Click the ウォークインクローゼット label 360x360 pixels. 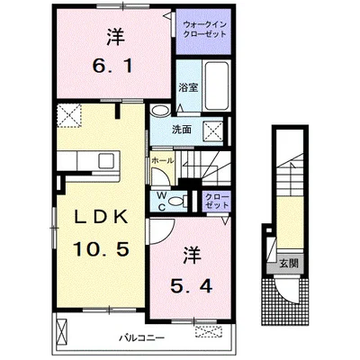point(205,29)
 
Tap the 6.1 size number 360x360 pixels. point(112,67)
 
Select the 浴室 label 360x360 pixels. point(188,87)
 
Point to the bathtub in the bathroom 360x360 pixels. point(216,85)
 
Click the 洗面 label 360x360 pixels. point(182,130)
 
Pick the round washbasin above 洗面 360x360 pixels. point(159,111)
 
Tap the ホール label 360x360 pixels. point(162,160)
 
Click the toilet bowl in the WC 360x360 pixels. point(177,202)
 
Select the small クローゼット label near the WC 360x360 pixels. point(217,202)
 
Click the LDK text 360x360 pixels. point(101,218)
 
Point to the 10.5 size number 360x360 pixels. point(101,249)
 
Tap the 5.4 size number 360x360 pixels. point(191,286)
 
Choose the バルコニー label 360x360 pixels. point(142,339)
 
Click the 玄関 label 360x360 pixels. point(289,264)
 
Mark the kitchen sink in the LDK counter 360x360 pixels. point(106,160)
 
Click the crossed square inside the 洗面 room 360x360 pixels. point(213,130)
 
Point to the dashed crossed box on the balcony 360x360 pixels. point(208,331)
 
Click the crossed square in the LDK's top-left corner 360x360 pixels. point(69,115)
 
